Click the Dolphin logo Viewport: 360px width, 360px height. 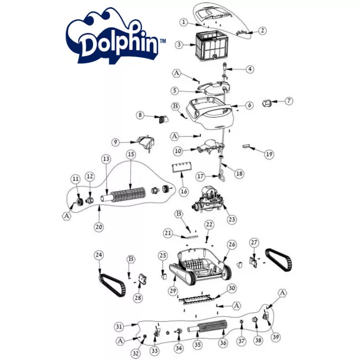[x=115, y=37]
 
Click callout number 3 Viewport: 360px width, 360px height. [x=179, y=45]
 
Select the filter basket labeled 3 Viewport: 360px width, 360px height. [x=211, y=47]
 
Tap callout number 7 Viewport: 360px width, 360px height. [x=288, y=101]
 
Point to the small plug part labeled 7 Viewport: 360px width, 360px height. [x=266, y=103]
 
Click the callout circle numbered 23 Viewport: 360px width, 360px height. [x=232, y=219]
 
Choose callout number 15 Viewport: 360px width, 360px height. [x=131, y=154]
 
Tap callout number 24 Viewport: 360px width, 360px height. [x=99, y=255]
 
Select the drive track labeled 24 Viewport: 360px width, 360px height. [x=112, y=285]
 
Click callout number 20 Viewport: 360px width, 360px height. [x=99, y=227]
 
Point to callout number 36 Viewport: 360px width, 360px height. [x=223, y=343]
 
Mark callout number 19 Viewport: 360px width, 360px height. [x=269, y=154]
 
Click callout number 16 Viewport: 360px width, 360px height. [x=184, y=191]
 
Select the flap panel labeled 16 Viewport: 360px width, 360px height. [x=182, y=168]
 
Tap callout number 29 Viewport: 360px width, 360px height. [x=173, y=291]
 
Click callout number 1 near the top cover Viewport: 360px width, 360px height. [x=183, y=22]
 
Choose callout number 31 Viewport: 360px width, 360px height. [x=119, y=326]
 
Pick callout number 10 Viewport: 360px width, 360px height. [x=178, y=151]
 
